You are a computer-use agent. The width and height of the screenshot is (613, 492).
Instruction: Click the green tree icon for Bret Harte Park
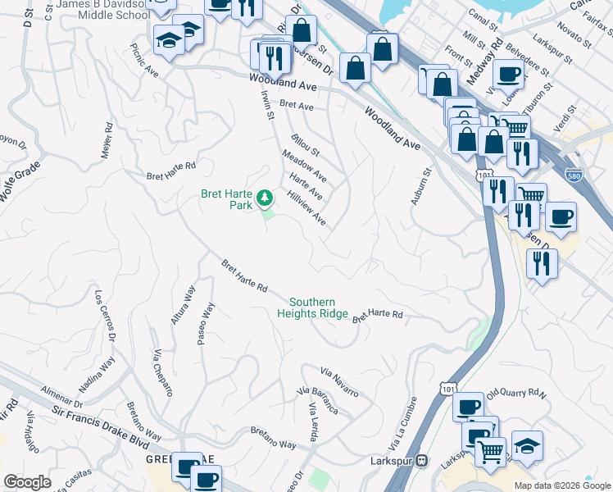coord(265,197)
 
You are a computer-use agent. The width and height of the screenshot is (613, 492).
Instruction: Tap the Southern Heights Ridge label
coord(312,307)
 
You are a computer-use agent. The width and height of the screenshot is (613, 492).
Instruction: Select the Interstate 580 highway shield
coord(574,174)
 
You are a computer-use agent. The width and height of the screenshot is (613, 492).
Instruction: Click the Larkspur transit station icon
coord(423,460)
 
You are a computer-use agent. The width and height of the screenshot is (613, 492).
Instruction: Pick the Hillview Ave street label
coord(306,207)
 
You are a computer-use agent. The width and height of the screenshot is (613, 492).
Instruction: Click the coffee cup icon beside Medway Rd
coord(508,73)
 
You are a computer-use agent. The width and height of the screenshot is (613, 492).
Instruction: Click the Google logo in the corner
coord(27,482)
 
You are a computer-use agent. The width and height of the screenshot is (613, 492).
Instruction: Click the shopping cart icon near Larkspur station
coord(490,450)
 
